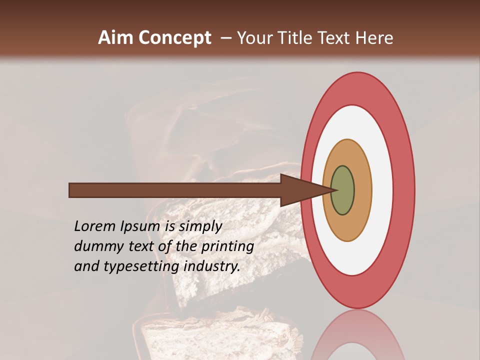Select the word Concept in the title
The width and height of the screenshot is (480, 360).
(174, 38)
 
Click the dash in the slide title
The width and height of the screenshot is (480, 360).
(225, 38)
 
